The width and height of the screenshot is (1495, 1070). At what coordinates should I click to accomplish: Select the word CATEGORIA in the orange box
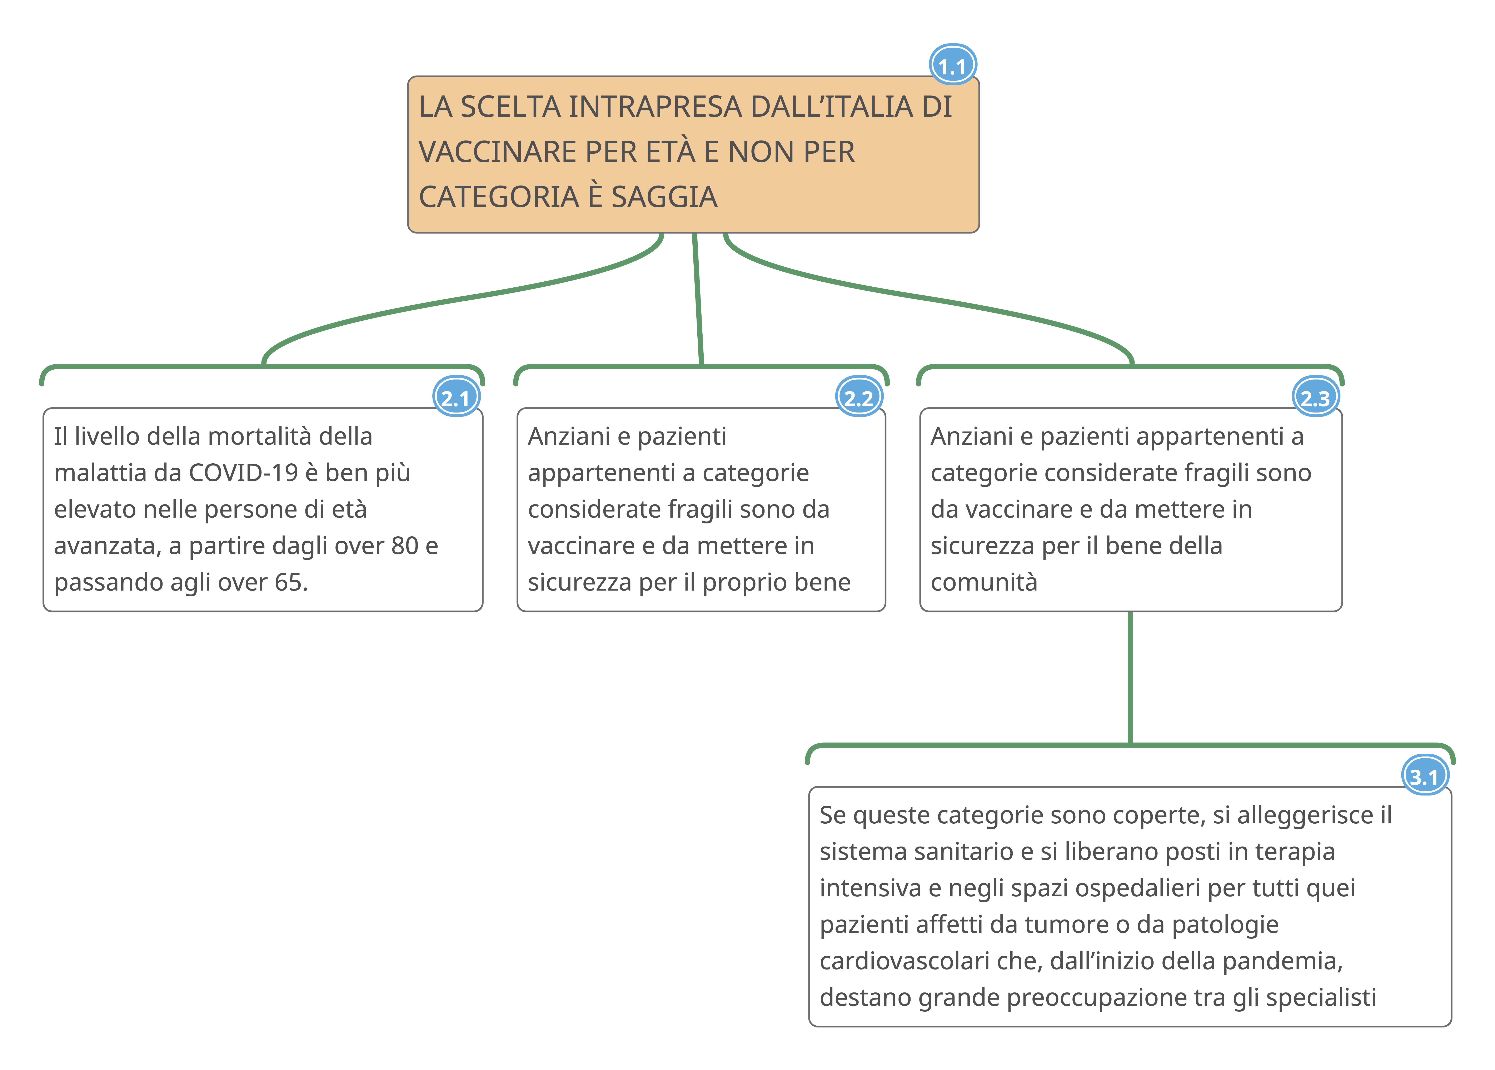point(499,197)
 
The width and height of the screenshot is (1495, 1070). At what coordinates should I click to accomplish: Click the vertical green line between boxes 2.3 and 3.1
point(1130,679)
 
